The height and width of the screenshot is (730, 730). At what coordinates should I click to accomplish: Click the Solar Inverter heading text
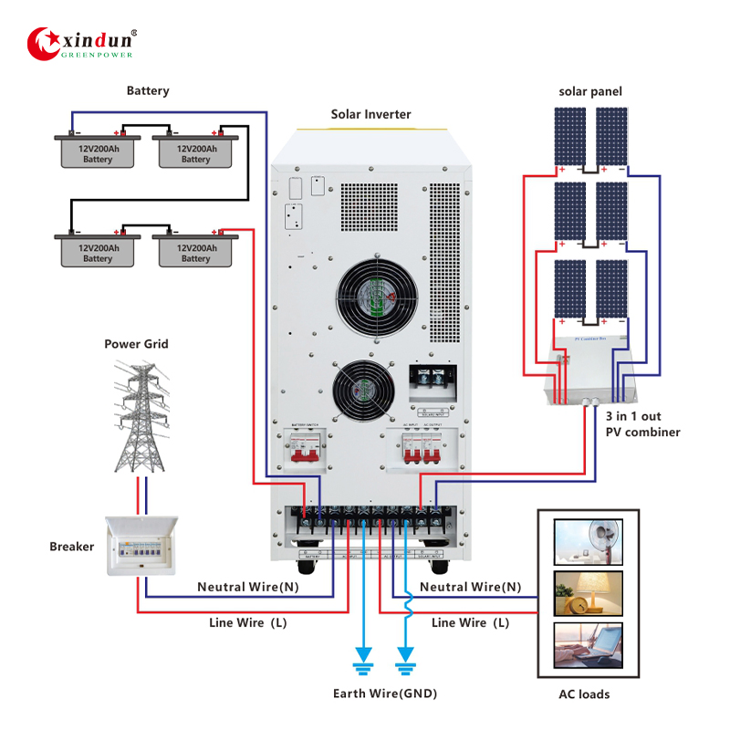click(x=370, y=114)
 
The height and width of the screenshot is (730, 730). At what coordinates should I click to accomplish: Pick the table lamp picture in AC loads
click(x=588, y=593)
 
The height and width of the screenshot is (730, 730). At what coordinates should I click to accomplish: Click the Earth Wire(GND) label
click(x=384, y=693)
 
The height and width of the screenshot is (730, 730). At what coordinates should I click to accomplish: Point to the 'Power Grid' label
click(x=136, y=344)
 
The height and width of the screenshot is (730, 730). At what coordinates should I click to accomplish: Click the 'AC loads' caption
click(x=584, y=694)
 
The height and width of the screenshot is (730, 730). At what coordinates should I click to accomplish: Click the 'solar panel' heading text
click(x=590, y=92)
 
